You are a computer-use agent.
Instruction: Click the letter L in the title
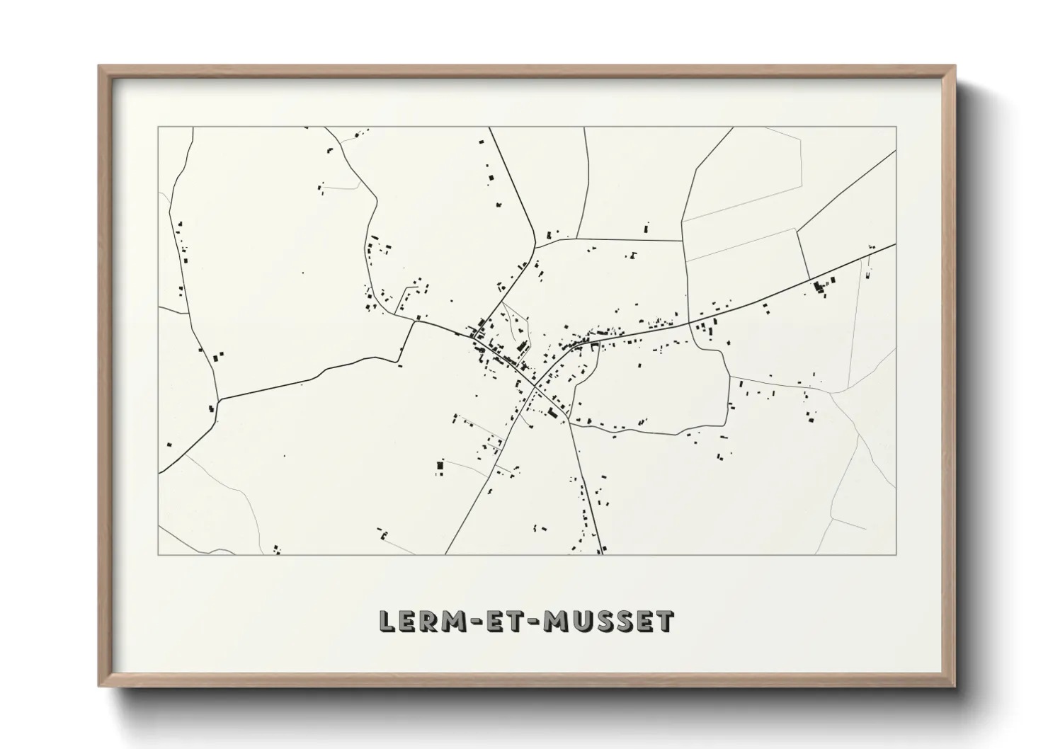click(387, 622)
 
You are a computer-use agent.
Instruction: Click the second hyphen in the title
click(539, 622)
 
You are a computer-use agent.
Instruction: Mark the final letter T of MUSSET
click(665, 622)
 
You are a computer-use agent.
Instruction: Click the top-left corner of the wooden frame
click(98, 66)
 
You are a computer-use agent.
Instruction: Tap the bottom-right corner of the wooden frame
click(955, 686)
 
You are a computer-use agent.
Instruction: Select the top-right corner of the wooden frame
click(955, 66)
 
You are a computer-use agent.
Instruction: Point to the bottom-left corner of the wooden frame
click(98, 686)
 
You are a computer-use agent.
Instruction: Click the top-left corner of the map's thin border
click(158, 127)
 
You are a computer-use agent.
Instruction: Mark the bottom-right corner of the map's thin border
click(896, 554)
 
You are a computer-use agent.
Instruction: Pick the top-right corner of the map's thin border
click(896, 127)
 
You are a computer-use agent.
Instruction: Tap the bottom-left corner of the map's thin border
click(158, 554)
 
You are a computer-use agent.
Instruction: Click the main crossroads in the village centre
click(535, 387)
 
